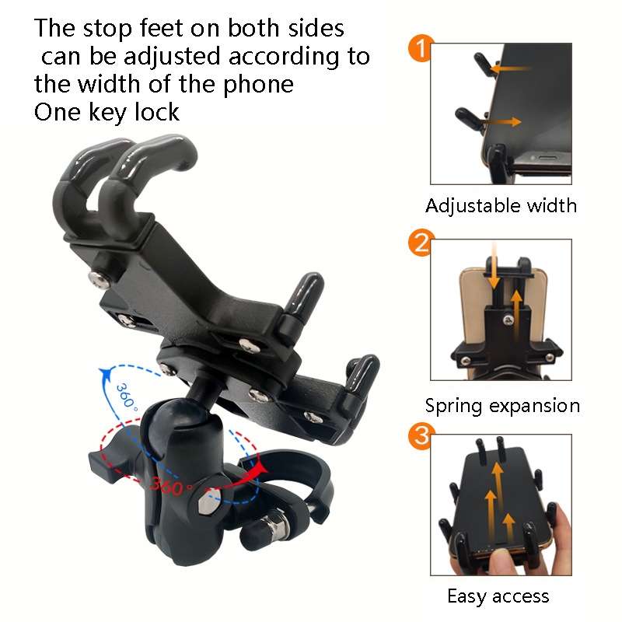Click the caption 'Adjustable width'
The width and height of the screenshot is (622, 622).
tap(501, 206)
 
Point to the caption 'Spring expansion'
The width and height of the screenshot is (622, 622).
tap(502, 406)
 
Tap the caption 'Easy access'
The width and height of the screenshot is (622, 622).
tap(498, 596)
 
